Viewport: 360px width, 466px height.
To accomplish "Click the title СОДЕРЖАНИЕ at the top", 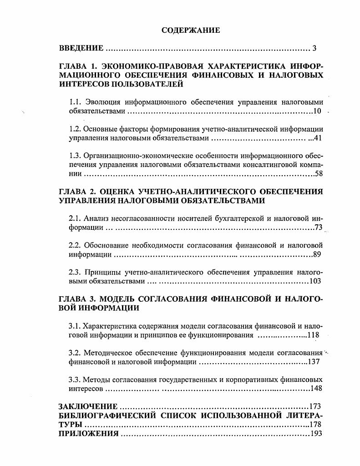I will [191, 30].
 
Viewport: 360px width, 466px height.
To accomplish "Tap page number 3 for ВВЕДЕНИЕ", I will [314, 48].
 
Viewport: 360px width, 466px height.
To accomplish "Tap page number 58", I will [318, 173].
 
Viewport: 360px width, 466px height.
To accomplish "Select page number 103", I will [315, 281].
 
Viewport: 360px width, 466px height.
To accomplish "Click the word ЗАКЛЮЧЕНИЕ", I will [88, 406].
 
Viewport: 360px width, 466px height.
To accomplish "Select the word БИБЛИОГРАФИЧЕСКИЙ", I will [107, 415].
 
